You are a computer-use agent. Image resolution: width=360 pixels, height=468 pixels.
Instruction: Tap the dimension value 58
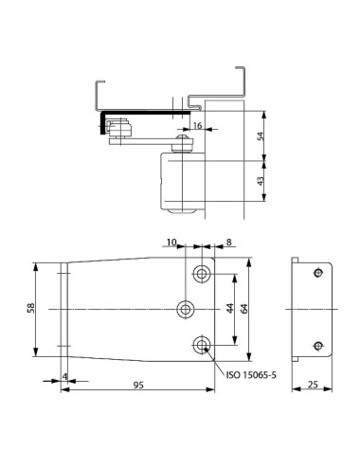pos(30,309)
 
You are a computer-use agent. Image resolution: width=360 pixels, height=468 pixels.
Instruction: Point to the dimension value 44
pos(227,308)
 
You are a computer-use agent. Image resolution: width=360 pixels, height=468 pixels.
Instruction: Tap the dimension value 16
pos(196,125)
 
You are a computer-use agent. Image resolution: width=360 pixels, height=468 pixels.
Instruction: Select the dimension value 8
pos(219,243)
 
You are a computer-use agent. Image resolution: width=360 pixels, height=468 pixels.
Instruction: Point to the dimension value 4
pos(64,378)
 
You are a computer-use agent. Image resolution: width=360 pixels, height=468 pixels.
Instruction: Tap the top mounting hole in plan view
pos(201,274)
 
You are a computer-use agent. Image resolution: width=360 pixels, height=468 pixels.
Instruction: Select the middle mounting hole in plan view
pos(187,309)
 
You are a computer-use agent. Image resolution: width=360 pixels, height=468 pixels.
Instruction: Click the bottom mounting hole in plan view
pos(201,344)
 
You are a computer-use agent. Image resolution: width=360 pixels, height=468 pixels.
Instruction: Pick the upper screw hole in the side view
pos(317,274)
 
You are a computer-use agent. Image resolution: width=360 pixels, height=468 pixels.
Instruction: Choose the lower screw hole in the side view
pos(317,344)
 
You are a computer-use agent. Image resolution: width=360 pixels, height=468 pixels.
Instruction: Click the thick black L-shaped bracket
pos(100,123)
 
